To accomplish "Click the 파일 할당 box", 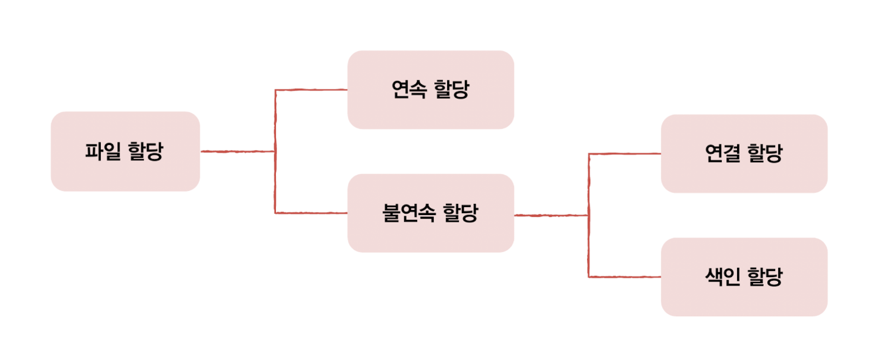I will click(125, 151).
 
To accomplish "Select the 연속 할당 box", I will click(431, 90).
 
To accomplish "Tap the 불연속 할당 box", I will click(431, 213).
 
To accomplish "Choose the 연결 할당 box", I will click(744, 154).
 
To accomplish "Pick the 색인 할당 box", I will click(744, 277).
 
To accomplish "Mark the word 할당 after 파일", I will click(146, 151).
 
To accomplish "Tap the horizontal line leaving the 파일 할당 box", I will click(237, 151).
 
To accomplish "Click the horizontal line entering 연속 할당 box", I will click(311, 90).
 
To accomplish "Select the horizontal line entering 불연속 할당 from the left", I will click(311, 213).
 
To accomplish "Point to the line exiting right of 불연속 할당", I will click(551, 215).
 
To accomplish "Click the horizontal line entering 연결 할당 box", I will click(625, 154).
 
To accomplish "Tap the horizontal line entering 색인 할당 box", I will click(625, 277).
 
